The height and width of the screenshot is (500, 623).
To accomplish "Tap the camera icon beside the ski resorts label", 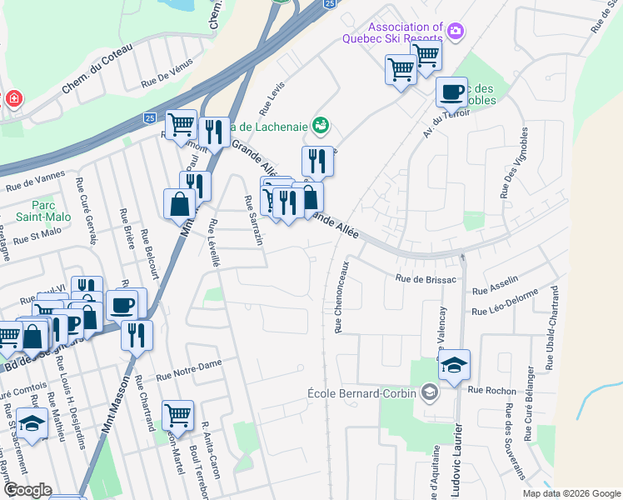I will click(x=455, y=32).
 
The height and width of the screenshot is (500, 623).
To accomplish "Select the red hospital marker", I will click(x=13, y=100).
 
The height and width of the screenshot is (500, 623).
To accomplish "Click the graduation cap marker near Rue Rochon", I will click(x=454, y=366).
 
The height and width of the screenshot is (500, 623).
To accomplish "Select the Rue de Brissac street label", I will click(x=426, y=279).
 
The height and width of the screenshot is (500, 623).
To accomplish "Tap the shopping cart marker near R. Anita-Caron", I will click(x=178, y=414).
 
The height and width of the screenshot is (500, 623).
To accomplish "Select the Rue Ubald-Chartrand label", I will click(x=552, y=328).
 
